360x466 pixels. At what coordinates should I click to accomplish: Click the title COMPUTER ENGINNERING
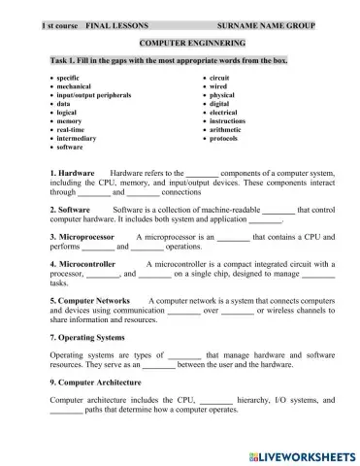192,44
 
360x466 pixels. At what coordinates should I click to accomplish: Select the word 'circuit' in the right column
219,75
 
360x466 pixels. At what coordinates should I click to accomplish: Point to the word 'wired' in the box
218,84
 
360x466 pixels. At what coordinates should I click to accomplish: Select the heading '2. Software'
70,209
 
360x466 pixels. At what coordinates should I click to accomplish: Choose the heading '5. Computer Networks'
92,300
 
